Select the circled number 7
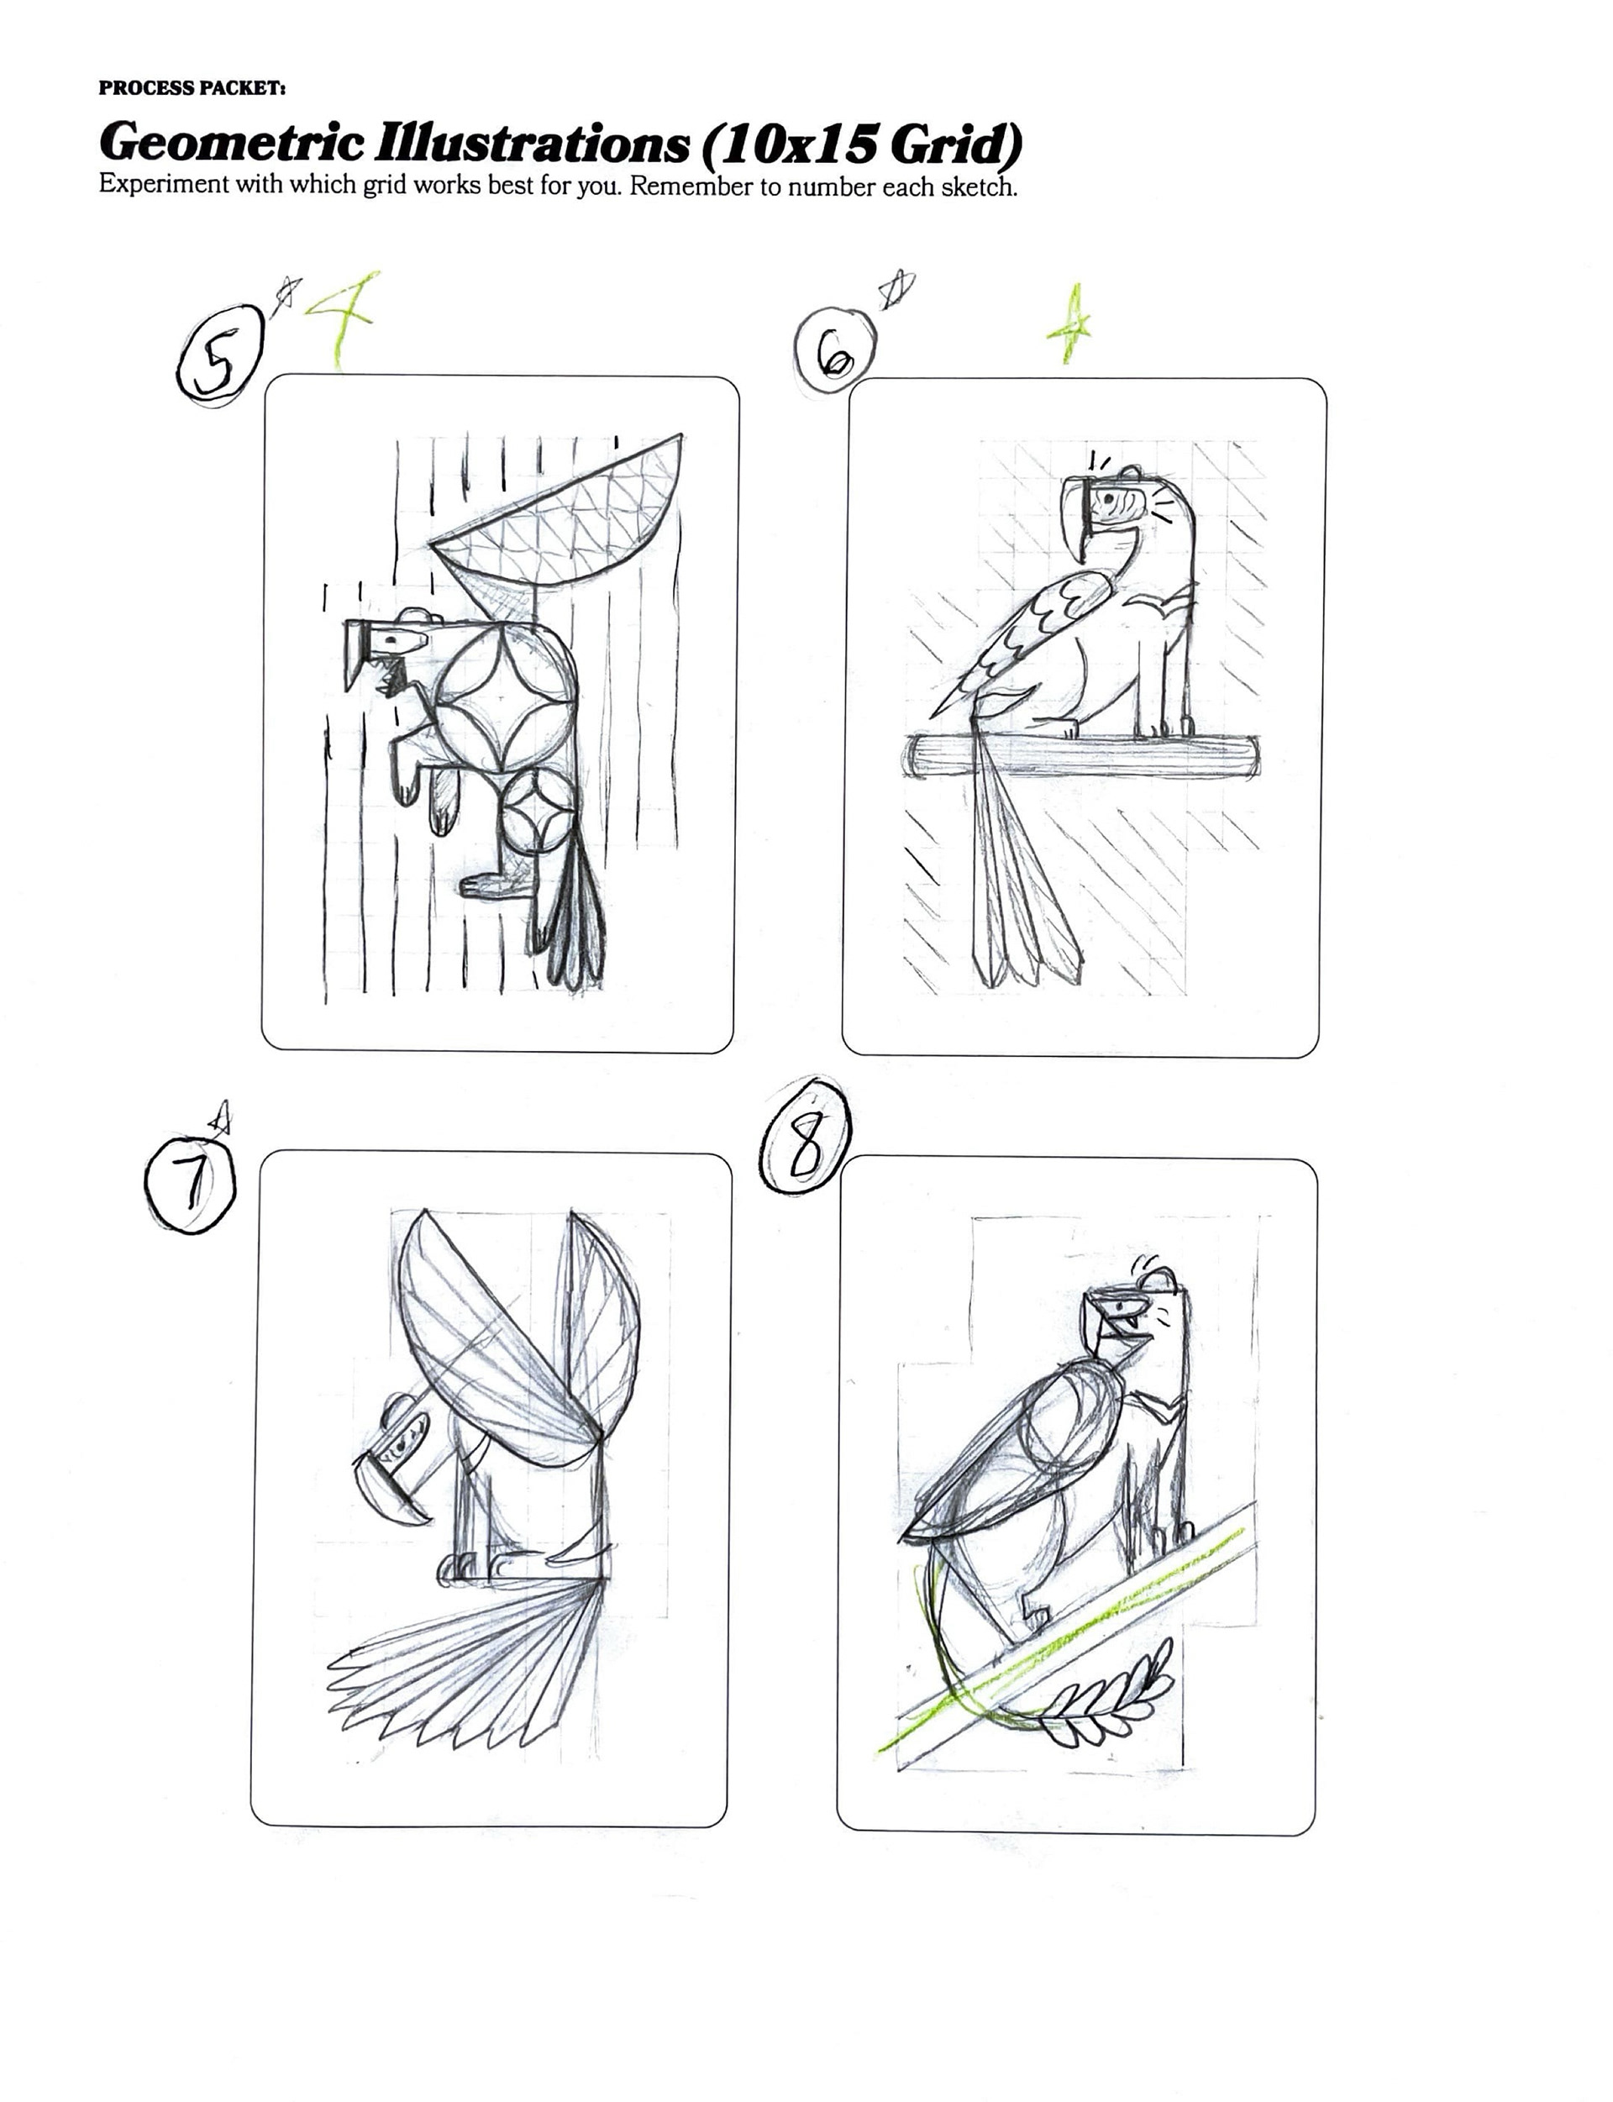pos(189,1184)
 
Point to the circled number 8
pos(805,1137)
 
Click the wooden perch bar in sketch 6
pos(1082,754)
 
